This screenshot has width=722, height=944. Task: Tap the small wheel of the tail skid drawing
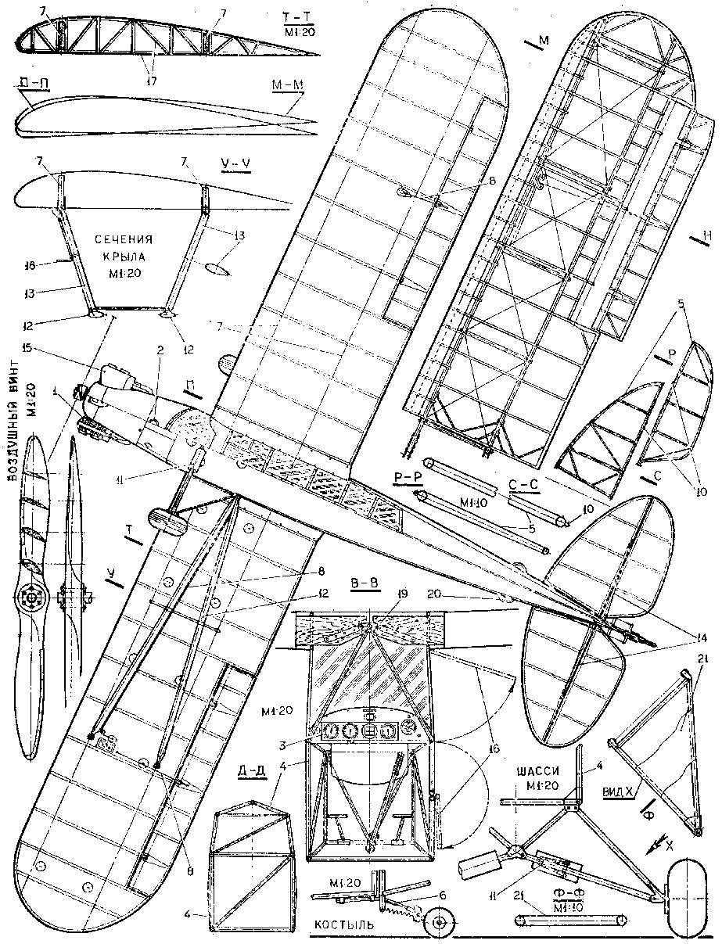(440, 923)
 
